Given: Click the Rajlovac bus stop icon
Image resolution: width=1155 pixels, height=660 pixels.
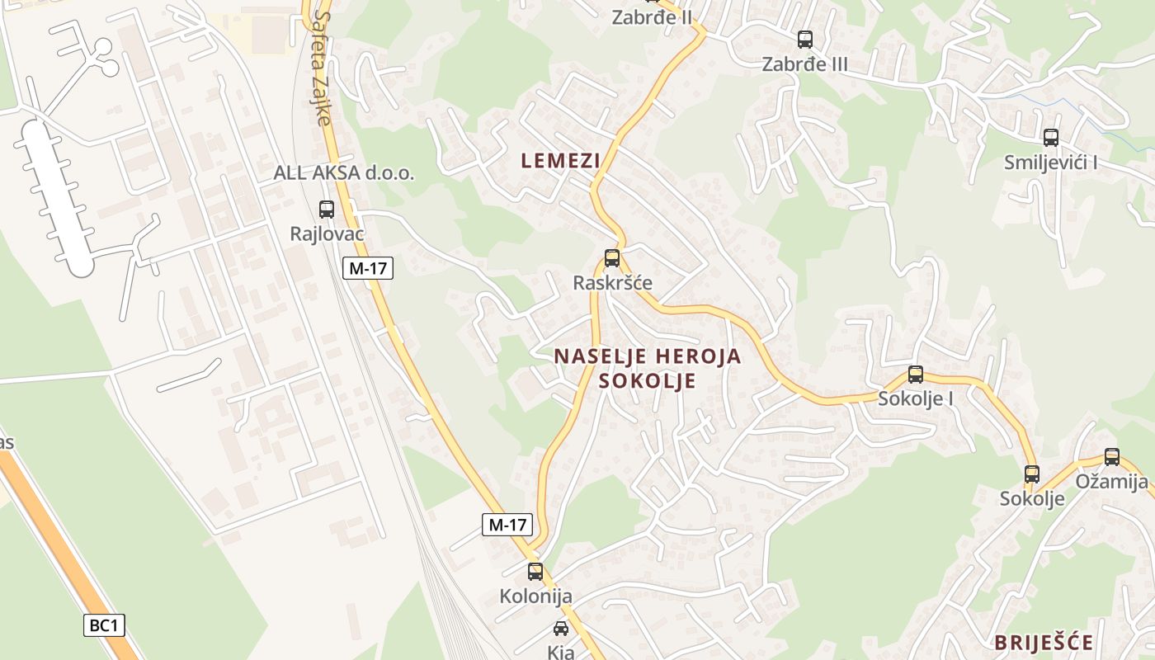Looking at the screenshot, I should pos(327,210).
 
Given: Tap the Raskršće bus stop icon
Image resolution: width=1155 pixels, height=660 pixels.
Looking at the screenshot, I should pos(611,258).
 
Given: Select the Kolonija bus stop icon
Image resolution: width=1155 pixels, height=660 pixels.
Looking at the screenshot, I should pos(535,571).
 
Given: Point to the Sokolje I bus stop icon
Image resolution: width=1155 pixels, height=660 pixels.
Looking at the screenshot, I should pos(916,375).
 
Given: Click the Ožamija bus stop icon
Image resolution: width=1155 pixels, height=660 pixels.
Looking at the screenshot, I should pos(1112,457).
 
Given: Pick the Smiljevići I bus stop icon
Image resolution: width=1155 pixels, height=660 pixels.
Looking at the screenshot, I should pos(1050,138).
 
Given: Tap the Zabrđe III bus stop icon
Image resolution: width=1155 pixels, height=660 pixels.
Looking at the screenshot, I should pos(804,39).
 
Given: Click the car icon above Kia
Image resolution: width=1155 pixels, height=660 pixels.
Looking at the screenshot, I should pos(561,629).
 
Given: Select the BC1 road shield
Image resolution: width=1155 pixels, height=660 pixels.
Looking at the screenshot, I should pos(104,625).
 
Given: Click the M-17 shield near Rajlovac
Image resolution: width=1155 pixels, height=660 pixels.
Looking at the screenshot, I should pos(368,268).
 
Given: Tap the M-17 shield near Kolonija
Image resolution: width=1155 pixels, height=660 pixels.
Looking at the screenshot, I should pos(507,524).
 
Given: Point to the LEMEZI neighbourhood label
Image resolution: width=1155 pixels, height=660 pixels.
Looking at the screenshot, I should pos(560,161).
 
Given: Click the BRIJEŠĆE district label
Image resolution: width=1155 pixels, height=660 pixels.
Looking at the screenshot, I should pos(1044,643).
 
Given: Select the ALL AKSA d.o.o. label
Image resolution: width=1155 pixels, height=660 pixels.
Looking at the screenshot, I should pos(344,173).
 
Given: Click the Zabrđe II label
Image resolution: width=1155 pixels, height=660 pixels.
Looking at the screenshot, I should pos(652,17).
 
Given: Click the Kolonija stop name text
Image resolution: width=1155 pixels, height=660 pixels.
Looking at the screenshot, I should pos(535,596).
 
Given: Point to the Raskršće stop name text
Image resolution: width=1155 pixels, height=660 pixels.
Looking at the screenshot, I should pos(612,283).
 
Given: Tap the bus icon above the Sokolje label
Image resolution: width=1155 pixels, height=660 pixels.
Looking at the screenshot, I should pos(1032,474).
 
